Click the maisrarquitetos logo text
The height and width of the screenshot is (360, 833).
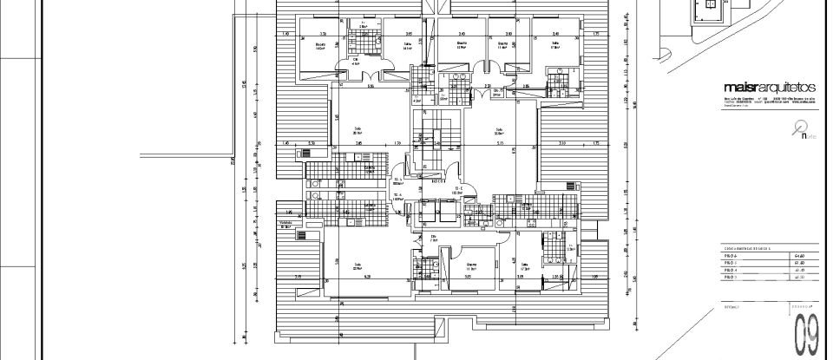tap(769, 88)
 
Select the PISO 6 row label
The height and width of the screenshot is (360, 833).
tap(730, 256)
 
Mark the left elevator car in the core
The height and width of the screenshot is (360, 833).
tap(428, 212)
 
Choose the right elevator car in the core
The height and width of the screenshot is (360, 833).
tap(449, 212)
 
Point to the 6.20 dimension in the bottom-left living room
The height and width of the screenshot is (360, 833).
tap(367, 277)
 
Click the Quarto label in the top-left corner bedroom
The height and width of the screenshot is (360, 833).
tap(320, 44)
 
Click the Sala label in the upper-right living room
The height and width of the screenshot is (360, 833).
tap(499, 130)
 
